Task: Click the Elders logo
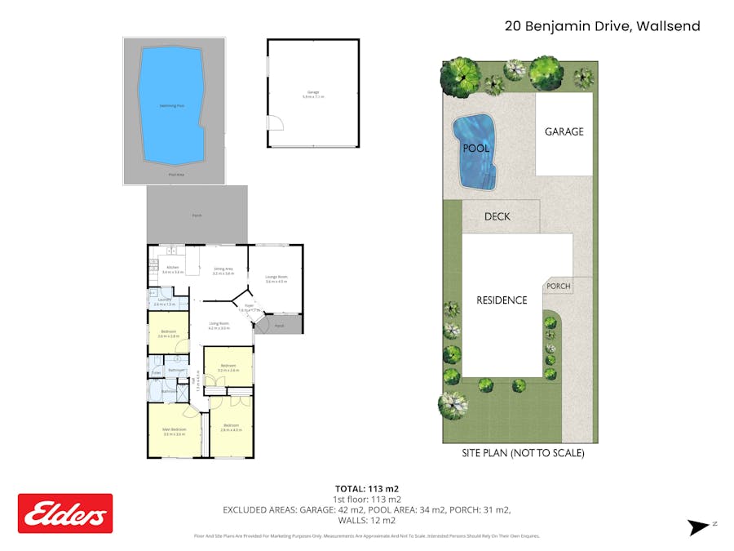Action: click(x=65, y=513)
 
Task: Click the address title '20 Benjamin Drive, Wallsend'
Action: click(x=602, y=26)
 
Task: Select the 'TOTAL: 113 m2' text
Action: click(x=366, y=489)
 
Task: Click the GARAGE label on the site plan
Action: click(x=564, y=131)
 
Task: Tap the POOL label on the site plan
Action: click(x=475, y=149)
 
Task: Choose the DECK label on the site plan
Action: click(x=497, y=216)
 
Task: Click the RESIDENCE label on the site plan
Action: click(x=502, y=300)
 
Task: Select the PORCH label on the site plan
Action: click(x=559, y=286)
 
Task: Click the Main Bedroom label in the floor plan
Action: click(x=175, y=430)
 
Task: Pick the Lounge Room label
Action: click(x=276, y=278)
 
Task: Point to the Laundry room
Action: click(x=166, y=301)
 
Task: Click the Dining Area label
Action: click(x=223, y=270)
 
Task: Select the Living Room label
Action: click(x=218, y=325)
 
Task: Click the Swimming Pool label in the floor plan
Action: click(x=172, y=106)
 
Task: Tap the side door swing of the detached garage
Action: click(x=276, y=123)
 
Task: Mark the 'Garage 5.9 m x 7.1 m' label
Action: click(x=314, y=94)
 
